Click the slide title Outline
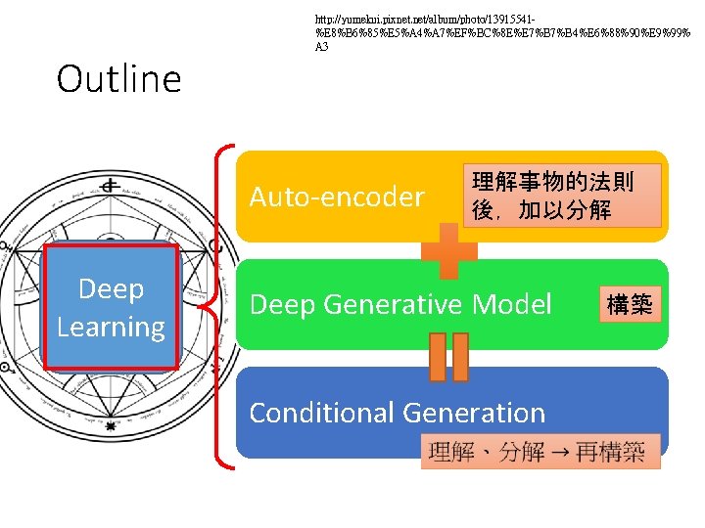[x=119, y=79]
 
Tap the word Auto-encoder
[x=336, y=198]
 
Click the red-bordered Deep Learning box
[x=112, y=307]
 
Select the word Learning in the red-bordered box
[x=111, y=327]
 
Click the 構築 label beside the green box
[x=630, y=305]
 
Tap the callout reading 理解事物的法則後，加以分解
[x=552, y=196]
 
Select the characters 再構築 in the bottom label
[x=611, y=452]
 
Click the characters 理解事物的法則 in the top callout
[x=552, y=182]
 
